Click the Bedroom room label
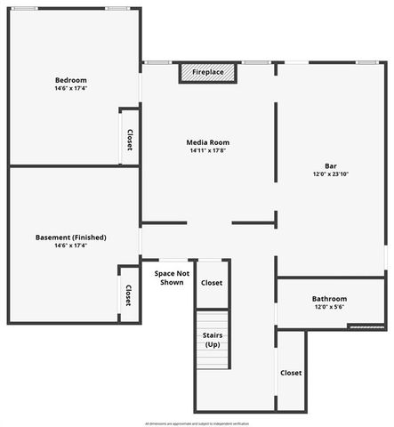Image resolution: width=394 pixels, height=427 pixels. [70, 80]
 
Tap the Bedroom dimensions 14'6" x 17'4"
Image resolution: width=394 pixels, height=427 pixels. [70, 89]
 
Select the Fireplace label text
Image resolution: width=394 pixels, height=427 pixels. [208, 72]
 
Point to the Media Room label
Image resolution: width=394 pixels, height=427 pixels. [208, 142]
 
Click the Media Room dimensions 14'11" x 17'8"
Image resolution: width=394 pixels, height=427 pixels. [208, 150]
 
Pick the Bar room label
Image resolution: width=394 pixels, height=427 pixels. [330, 165]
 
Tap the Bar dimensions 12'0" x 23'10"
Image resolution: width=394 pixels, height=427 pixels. [330, 174]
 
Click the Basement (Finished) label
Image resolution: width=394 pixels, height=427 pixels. [71, 238]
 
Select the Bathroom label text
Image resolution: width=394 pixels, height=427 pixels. [329, 299]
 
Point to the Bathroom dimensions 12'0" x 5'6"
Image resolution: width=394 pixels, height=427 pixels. [329, 307]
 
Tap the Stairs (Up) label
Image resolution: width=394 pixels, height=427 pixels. [213, 340]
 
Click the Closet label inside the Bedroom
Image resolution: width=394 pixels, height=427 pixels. [129, 139]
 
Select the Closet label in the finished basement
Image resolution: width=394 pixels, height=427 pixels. [128, 294]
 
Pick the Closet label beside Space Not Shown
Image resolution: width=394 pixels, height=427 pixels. [212, 283]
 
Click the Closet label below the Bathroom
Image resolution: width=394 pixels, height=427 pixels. [291, 373]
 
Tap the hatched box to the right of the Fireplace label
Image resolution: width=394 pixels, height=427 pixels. [227, 72]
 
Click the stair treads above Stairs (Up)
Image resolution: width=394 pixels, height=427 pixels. [213, 320]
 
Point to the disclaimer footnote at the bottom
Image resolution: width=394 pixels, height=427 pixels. [197, 423]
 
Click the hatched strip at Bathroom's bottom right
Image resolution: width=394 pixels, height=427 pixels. [366, 326]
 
